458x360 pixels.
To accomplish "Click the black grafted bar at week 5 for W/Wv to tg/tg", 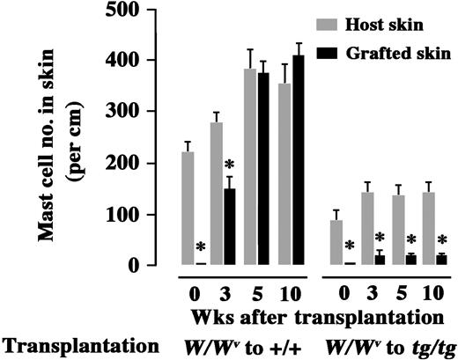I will pos(410,260).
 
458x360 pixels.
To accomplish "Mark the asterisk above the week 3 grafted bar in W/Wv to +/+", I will pos(229,165).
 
